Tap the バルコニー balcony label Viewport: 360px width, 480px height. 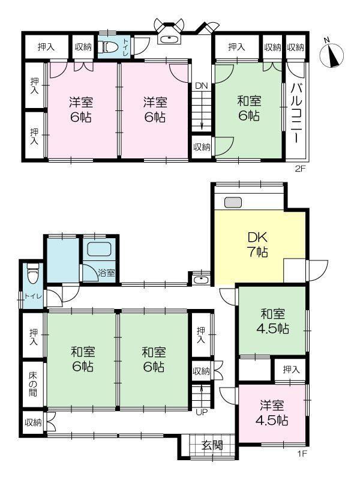pyautogui.click(x=296, y=113)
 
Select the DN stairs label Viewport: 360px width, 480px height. pyautogui.click(x=202, y=86)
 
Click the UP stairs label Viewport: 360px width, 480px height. pyautogui.click(x=202, y=412)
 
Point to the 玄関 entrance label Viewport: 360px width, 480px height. pyautogui.click(x=212, y=445)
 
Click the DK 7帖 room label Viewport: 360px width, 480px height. pyautogui.click(x=257, y=244)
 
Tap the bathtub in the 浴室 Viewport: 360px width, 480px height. pyautogui.click(x=99, y=249)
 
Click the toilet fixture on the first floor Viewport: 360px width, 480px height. pyautogui.click(x=32, y=274)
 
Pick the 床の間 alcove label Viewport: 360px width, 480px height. pyautogui.click(x=33, y=384)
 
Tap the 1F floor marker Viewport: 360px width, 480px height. pyautogui.click(x=302, y=454)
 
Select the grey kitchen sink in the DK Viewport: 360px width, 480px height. pyautogui.click(x=233, y=202)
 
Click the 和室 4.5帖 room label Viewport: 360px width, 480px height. pyautogui.click(x=272, y=321)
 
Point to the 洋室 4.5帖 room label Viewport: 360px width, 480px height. pyautogui.click(x=272, y=413)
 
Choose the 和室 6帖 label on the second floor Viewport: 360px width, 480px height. pyautogui.click(x=249, y=108)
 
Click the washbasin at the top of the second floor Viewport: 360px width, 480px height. pyautogui.click(x=169, y=39)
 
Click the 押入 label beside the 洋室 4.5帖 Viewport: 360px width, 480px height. pyautogui.click(x=291, y=370)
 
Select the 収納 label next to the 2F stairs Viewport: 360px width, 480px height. pyautogui.click(x=202, y=147)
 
